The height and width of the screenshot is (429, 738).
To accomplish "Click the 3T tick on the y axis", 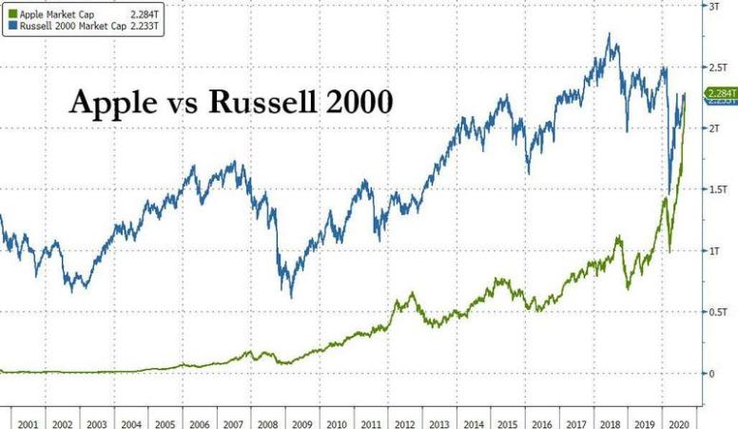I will [712, 6].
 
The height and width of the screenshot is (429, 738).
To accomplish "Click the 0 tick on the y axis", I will [709, 373].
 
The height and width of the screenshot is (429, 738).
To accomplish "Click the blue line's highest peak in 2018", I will [608, 35].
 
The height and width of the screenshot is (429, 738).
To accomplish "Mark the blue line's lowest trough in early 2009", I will [291, 297].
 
